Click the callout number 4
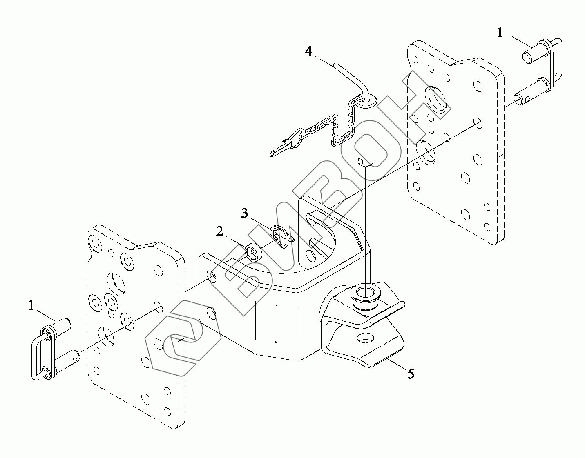(308, 51)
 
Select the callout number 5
(411, 374)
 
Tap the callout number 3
(244, 213)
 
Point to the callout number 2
(220, 231)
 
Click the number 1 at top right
(500, 33)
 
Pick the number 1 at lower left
(31, 306)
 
